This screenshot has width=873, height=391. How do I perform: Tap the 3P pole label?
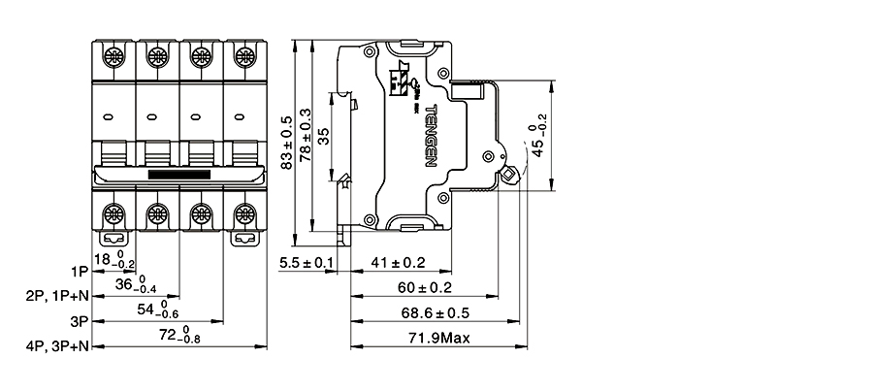point(80,320)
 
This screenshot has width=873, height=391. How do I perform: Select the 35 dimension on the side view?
point(324,135)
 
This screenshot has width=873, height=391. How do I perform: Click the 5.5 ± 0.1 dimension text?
point(306,263)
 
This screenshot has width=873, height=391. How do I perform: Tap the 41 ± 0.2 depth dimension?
point(399,263)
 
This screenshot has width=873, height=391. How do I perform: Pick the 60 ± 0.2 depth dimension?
point(425,288)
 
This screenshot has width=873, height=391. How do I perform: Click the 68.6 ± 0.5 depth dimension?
point(435,313)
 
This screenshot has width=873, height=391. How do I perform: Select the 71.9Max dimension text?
point(436,338)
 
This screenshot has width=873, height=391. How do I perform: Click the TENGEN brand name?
point(432,135)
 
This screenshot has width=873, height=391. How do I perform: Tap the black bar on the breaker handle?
point(179,175)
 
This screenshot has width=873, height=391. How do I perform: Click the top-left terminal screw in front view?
point(113,57)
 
